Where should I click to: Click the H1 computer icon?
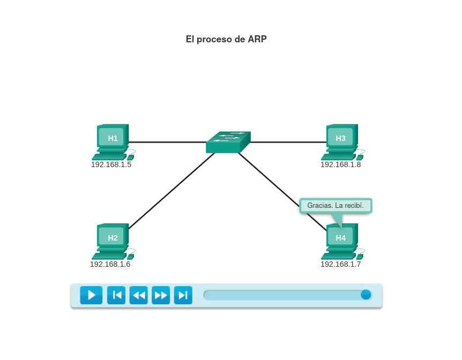pos(112,140)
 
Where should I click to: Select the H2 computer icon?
pos(112,240)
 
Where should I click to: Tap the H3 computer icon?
pos(341,140)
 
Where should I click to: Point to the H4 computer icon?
pos(341,239)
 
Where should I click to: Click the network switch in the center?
pos(228,142)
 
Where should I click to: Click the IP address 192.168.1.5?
pos(111,164)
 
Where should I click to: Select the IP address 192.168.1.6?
pos(110,264)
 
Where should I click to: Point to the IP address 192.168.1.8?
pos(340,164)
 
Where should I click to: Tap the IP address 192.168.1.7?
pos(340,264)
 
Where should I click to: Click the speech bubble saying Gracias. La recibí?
pos(336,206)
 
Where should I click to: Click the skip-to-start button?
pos(116,295)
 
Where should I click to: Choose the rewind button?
pos(138,295)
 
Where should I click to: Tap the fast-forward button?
pos(161,295)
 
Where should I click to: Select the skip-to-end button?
pos(183,295)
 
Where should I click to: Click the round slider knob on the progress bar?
pos(366,295)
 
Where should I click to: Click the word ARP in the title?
pos(257,39)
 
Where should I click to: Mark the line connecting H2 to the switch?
pos(172,190)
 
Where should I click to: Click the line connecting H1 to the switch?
pos(167,142)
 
